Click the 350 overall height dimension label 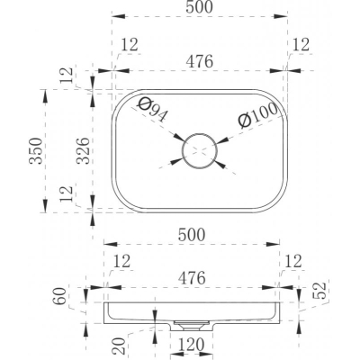pos(36,150)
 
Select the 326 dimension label pos(83,150)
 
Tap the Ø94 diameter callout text pos(152,110)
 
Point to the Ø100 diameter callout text pos(257,115)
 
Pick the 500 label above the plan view pos(199,7)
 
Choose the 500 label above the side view pos(192,235)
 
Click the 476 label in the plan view pos(199,62)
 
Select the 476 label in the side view pos(192,278)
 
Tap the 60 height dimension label pos(60,296)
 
